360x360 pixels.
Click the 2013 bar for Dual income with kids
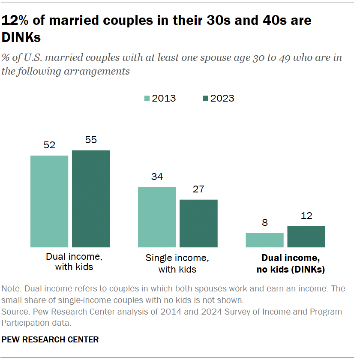pos(49,201)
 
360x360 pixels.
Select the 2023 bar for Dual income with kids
pos(91,199)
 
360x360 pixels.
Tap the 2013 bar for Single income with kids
pos(157,217)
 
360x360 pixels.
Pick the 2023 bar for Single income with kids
pos(198,223)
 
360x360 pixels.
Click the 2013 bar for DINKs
pos(264,240)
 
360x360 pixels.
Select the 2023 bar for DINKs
pos(306,237)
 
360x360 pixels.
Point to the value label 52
pos(49,145)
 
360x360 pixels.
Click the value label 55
pos(91,140)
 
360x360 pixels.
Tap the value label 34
pos(157,177)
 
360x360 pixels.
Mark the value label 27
pos(198,189)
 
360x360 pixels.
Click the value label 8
pos(264,223)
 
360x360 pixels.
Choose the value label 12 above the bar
pos(306,216)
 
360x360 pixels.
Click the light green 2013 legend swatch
pos(147,99)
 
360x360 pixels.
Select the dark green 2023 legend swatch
pos(205,99)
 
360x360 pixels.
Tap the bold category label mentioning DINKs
pos(291,264)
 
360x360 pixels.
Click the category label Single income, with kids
pos(177,264)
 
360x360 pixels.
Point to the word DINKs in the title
pos(21,38)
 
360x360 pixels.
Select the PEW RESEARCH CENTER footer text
pos(50,340)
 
